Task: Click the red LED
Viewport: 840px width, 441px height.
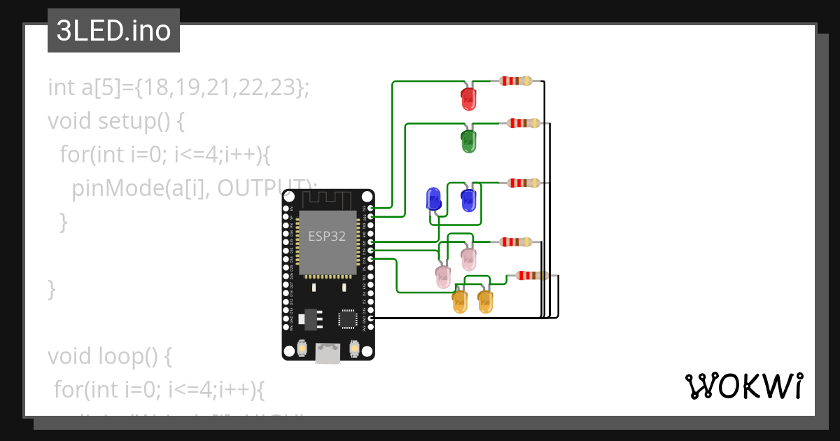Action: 468,99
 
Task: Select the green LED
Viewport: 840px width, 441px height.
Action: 468,141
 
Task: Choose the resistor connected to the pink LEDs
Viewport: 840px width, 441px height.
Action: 516,242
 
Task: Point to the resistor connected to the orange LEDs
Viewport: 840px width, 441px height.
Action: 532,275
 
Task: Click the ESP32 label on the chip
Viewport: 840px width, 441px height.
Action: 328,237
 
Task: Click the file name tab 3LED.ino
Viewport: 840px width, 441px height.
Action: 113,31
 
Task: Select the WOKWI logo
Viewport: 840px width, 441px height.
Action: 743,386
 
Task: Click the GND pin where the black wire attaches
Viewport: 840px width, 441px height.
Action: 370,318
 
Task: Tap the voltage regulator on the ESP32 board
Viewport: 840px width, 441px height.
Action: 310,319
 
